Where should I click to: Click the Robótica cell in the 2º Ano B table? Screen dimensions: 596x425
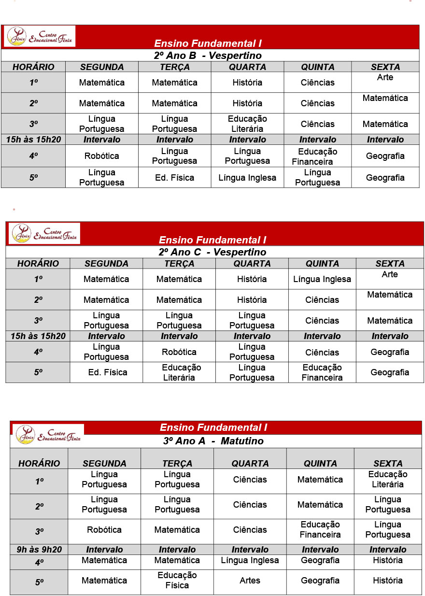tap(101, 156)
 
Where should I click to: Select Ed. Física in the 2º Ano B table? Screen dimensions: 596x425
tap(174, 178)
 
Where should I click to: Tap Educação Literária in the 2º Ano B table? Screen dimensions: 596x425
tap(247, 124)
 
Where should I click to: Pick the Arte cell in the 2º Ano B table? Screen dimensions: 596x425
tap(385, 77)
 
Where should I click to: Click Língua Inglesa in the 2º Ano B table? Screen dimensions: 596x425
tap(247, 178)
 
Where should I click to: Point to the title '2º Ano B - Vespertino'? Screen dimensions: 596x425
tap(208, 56)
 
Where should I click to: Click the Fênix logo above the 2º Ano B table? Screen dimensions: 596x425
tap(40, 36)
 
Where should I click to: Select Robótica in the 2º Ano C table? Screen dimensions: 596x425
tap(179, 352)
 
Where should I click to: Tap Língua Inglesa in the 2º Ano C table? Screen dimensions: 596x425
tap(322, 279)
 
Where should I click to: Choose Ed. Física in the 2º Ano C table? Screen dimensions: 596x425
tap(106, 372)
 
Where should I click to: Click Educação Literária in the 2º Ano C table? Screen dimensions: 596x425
tap(179, 372)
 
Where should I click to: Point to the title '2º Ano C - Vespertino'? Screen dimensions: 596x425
tap(212, 252)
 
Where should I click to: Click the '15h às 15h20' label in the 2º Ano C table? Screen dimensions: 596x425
tap(38, 336)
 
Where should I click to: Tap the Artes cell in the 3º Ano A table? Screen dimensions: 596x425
tap(250, 581)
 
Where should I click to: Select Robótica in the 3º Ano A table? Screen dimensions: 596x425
tap(104, 530)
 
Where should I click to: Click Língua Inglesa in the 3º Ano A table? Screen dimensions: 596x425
tap(250, 560)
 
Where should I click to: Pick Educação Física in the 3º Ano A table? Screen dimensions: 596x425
tap(177, 580)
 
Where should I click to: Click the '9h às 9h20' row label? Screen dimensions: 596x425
tap(39, 550)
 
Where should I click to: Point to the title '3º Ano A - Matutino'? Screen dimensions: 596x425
tap(213, 441)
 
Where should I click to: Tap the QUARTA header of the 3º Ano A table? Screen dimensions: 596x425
tap(250, 463)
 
